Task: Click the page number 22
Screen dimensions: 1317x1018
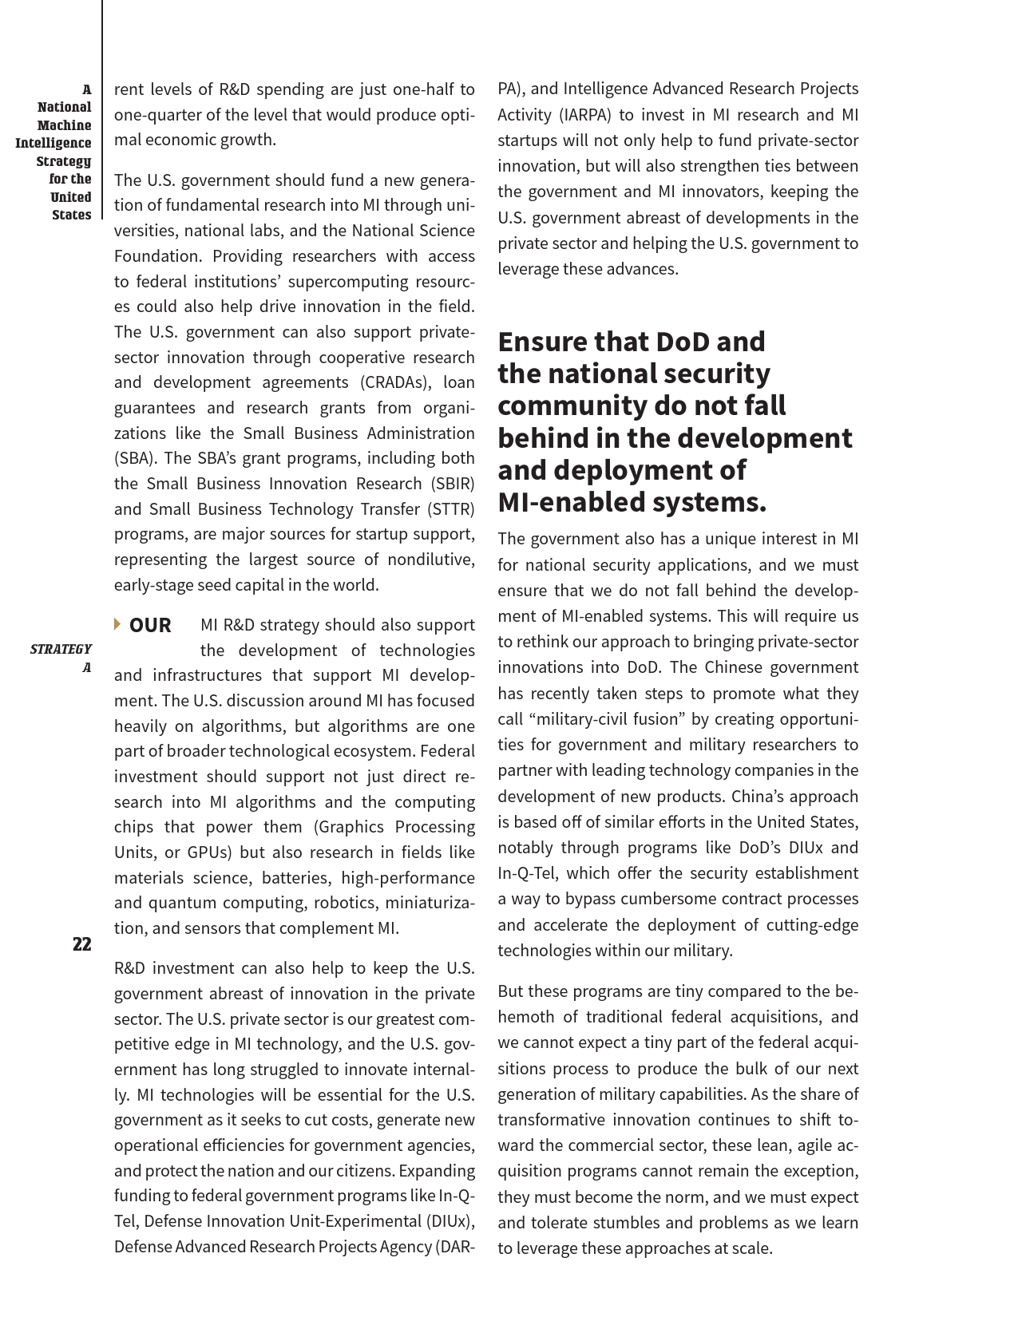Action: tap(81, 944)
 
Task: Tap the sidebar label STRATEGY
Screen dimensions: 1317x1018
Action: tap(61, 649)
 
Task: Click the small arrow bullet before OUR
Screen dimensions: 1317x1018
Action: tap(118, 623)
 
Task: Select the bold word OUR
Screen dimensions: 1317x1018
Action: tap(150, 625)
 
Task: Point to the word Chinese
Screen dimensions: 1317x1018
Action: tap(734, 667)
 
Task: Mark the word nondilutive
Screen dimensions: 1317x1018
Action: tap(430, 560)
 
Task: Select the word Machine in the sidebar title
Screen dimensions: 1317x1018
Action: tap(65, 125)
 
